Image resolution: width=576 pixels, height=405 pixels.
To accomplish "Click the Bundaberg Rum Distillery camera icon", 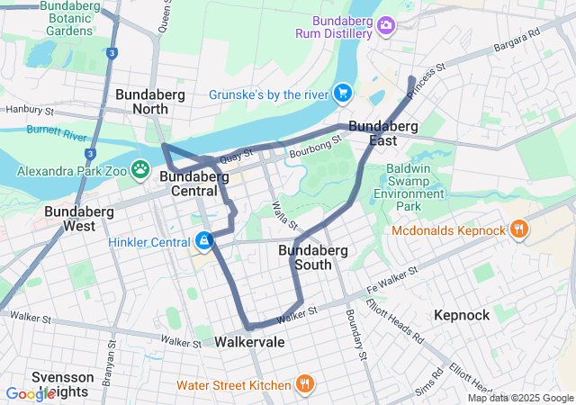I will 386,25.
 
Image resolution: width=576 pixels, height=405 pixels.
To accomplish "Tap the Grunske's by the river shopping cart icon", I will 342,93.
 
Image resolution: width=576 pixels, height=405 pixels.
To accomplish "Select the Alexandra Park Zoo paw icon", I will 140,168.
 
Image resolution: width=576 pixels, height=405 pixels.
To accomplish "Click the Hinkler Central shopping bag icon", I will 204,240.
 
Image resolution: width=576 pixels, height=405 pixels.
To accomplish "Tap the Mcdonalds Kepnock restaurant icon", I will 518,230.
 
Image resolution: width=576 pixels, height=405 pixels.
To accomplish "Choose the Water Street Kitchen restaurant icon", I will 305,384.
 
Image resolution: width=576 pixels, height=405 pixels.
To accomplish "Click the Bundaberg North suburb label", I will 142,102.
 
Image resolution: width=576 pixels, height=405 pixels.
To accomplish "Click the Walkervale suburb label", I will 249,342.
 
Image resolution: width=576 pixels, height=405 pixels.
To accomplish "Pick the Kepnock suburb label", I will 461,315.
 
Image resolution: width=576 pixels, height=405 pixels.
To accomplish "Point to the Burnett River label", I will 57,134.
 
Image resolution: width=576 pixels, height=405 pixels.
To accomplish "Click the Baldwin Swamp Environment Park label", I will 409,187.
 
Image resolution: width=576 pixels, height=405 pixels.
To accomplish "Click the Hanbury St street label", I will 31,111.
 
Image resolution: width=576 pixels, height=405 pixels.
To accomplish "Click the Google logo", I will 30,393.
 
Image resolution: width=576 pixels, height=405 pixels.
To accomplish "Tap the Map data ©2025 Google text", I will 519,398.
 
